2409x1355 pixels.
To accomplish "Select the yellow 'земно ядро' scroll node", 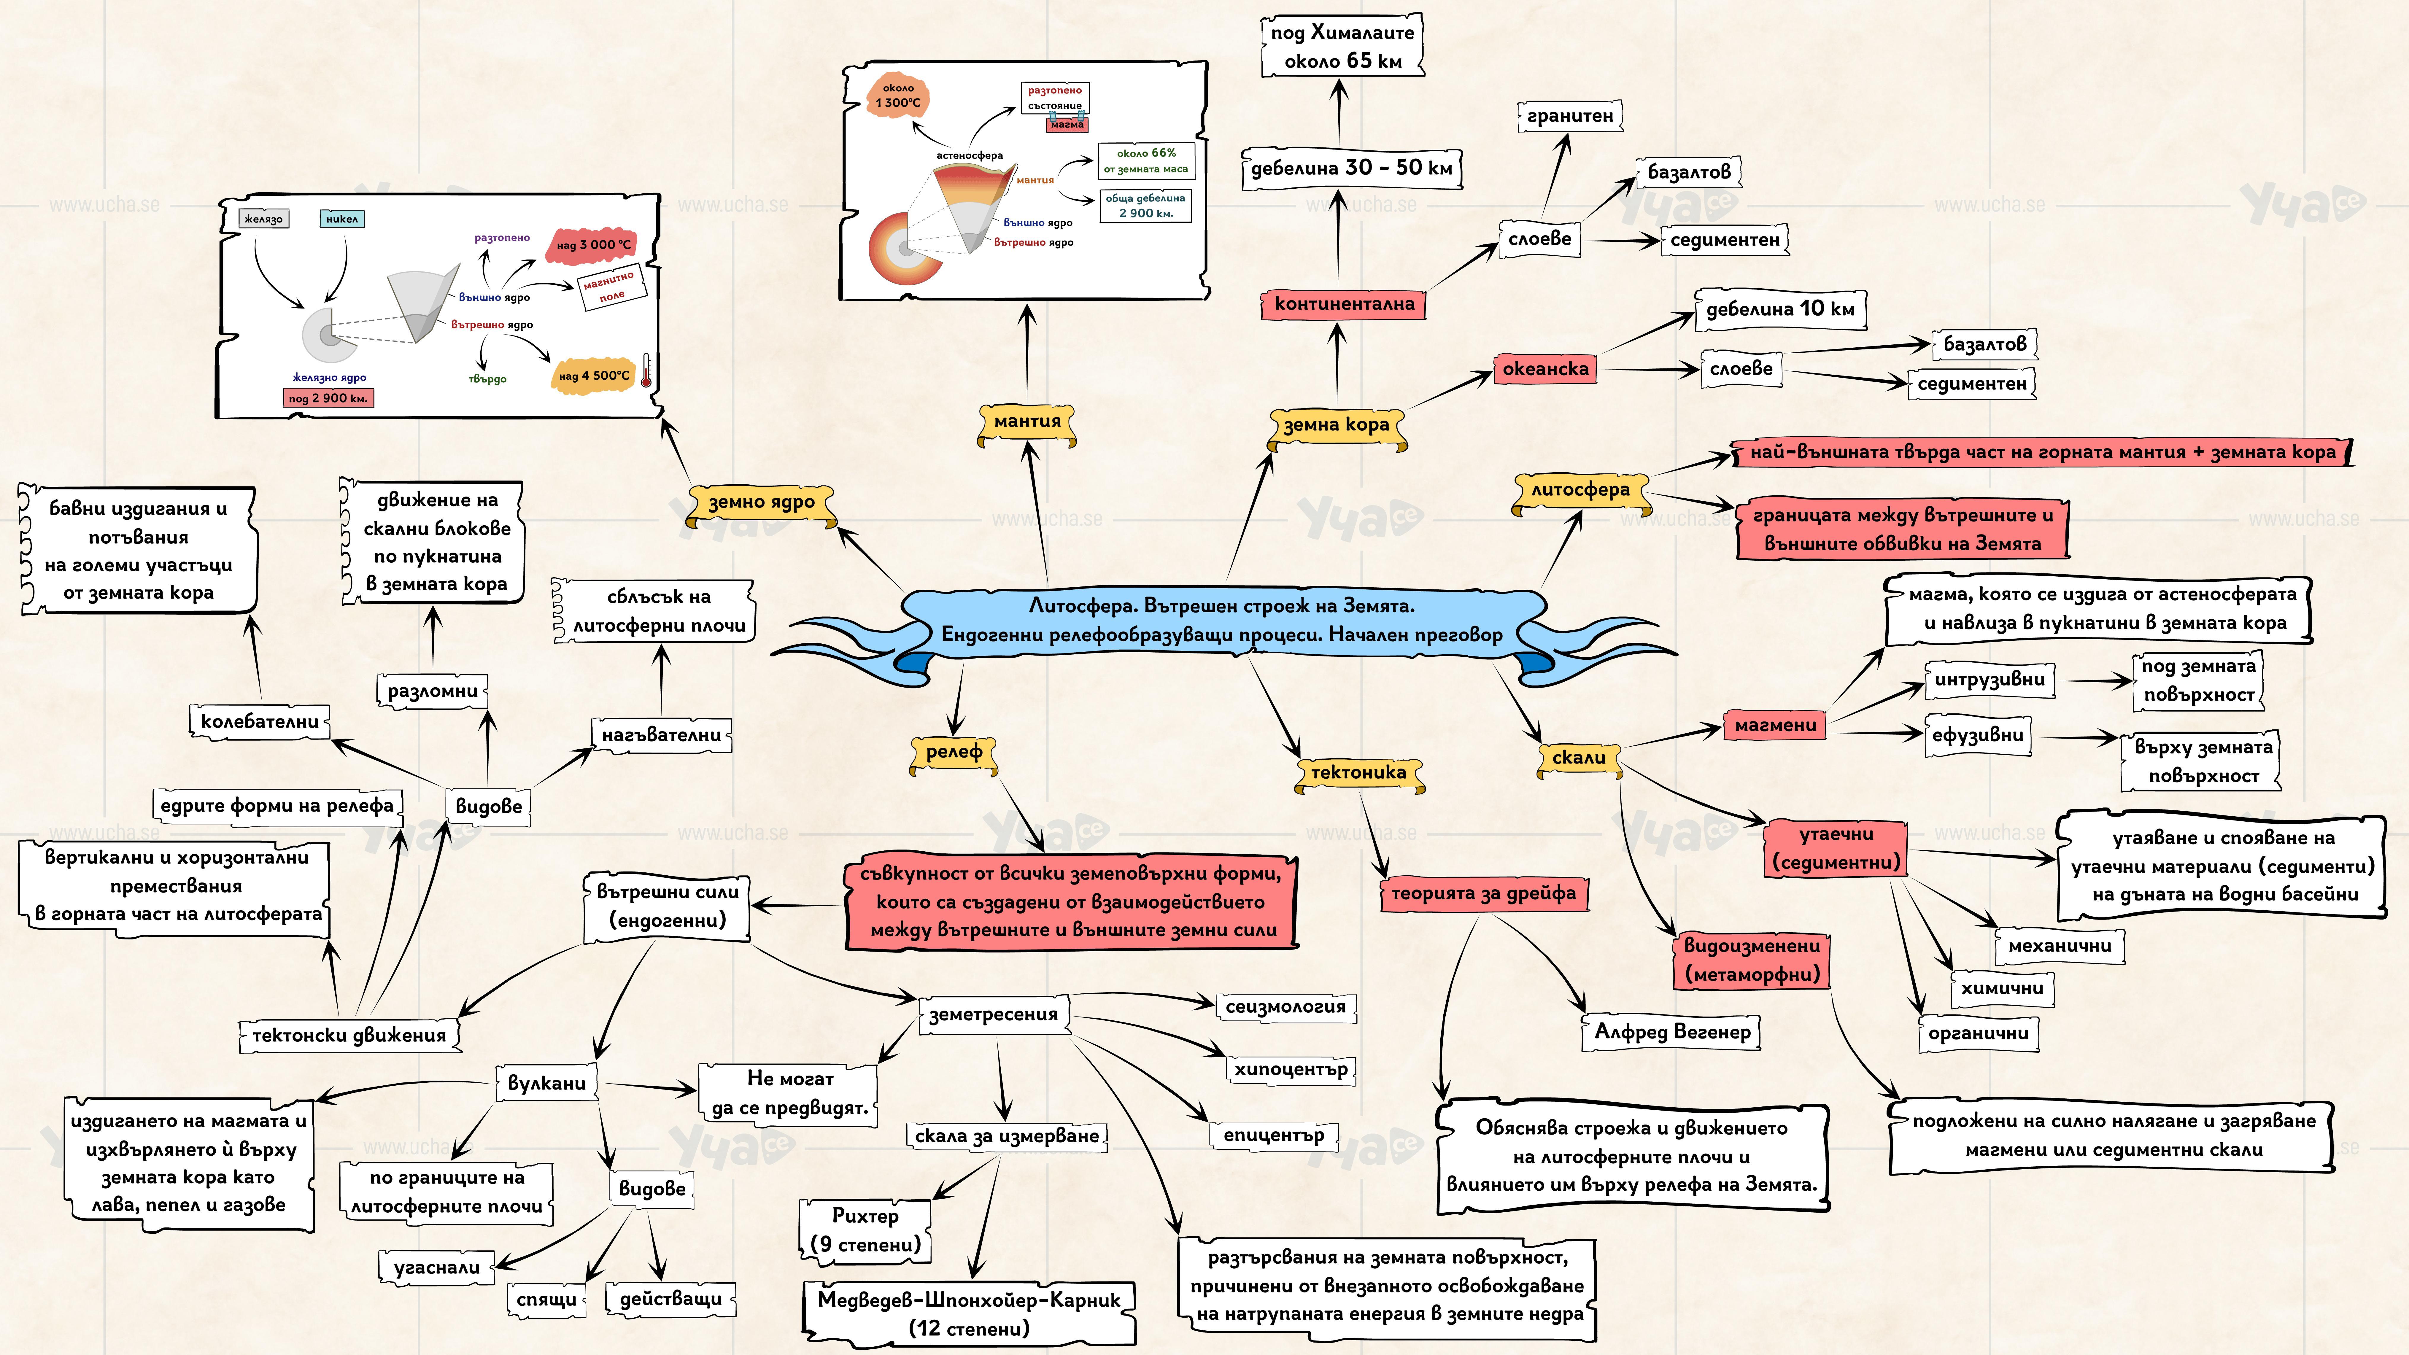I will [761, 503].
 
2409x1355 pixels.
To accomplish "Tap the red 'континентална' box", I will [1344, 304].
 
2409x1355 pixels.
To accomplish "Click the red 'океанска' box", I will [1545, 369].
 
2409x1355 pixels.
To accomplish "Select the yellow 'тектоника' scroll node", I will [1358, 772].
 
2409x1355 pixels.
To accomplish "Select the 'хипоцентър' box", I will [1291, 1069].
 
